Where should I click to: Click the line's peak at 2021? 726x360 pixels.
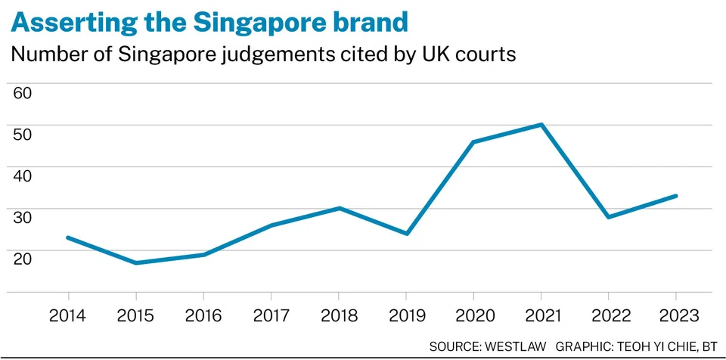tap(541, 124)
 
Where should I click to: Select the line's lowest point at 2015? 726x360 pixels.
tap(136, 262)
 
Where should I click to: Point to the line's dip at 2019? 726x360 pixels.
tap(406, 234)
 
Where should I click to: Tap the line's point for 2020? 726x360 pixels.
tap(473, 141)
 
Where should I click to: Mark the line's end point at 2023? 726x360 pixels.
tap(676, 196)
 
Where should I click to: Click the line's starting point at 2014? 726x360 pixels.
tap(68, 237)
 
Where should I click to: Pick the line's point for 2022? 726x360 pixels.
tap(609, 217)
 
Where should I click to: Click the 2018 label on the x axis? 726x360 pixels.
tap(339, 315)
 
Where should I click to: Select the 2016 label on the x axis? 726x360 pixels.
tap(203, 315)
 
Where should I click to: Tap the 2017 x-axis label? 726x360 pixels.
tap(271, 315)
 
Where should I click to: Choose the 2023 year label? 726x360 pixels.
tap(676, 315)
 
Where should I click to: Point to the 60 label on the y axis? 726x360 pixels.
tap(23, 94)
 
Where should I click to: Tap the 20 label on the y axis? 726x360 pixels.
tap(23, 259)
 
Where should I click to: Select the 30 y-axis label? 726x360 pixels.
tap(23, 218)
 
